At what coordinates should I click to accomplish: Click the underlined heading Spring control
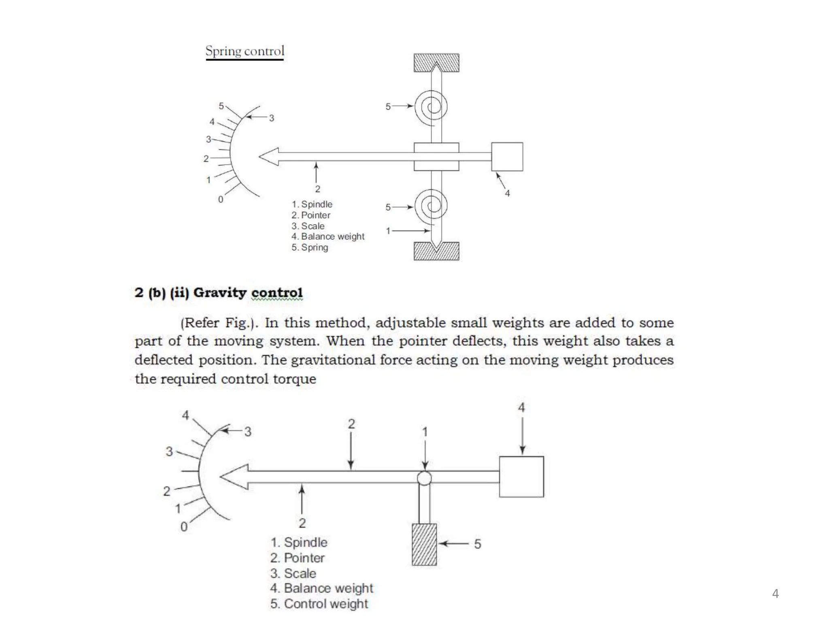245,51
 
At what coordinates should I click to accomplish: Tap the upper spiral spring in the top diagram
434,106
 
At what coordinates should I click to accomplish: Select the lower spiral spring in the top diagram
434,205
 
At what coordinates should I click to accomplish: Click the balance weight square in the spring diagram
507,157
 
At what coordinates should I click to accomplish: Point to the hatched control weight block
424,544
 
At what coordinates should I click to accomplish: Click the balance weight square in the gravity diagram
521,477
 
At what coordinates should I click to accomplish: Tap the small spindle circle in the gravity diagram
424,478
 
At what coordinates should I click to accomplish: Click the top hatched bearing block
436,62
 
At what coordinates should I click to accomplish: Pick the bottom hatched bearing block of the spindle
436,251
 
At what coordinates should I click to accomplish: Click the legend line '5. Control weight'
319,604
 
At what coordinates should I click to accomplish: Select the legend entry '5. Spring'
310,247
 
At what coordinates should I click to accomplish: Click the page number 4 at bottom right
775,594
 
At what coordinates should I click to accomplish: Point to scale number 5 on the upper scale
221,106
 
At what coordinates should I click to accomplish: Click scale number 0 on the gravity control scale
184,527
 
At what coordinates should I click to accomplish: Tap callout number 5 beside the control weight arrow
478,544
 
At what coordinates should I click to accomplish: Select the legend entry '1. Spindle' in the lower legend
299,542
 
